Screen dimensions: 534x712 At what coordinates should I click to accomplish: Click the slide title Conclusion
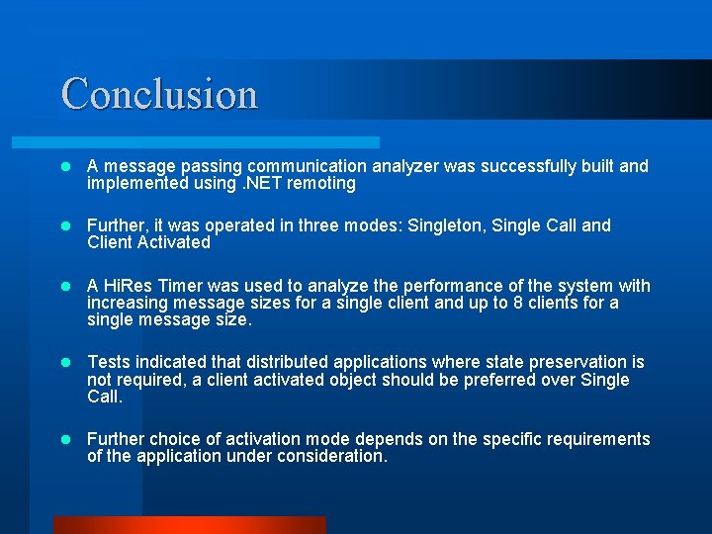coord(159,94)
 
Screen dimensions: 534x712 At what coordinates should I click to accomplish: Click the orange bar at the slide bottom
coord(189,525)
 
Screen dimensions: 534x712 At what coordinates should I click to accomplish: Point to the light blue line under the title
coord(218,142)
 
